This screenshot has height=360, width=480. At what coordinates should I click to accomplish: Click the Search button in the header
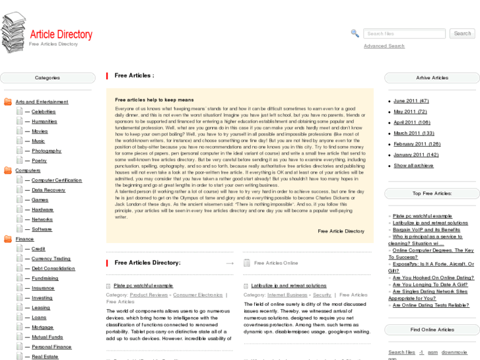tap(462, 34)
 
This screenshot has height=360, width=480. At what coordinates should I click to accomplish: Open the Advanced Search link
tap(384, 46)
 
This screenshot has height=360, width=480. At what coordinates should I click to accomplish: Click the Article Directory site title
tap(61, 34)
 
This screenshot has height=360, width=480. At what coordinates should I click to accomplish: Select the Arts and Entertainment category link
tap(42, 102)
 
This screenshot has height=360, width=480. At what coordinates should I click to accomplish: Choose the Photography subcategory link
tap(46, 151)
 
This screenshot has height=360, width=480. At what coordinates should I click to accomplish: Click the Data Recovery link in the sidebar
tap(48, 190)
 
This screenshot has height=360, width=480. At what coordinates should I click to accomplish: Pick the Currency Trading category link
tap(51, 259)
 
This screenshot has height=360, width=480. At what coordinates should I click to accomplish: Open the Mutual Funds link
tap(48, 337)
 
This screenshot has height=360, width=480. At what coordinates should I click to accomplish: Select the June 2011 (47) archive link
tap(411, 101)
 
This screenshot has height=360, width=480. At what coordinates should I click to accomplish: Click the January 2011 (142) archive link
tap(416, 155)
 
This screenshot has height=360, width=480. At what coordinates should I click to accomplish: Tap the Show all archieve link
tap(413, 166)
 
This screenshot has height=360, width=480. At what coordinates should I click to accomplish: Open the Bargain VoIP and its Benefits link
tap(426, 230)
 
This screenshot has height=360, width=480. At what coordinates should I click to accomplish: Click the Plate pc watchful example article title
tap(143, 285)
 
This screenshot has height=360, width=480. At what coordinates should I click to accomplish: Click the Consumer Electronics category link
tap(197, 295)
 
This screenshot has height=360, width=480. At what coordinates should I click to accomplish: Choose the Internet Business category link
tap(287, 295)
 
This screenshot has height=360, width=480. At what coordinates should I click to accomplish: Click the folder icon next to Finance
tap(8, 239)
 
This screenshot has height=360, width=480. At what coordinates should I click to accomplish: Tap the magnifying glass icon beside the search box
tap(355, 34)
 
